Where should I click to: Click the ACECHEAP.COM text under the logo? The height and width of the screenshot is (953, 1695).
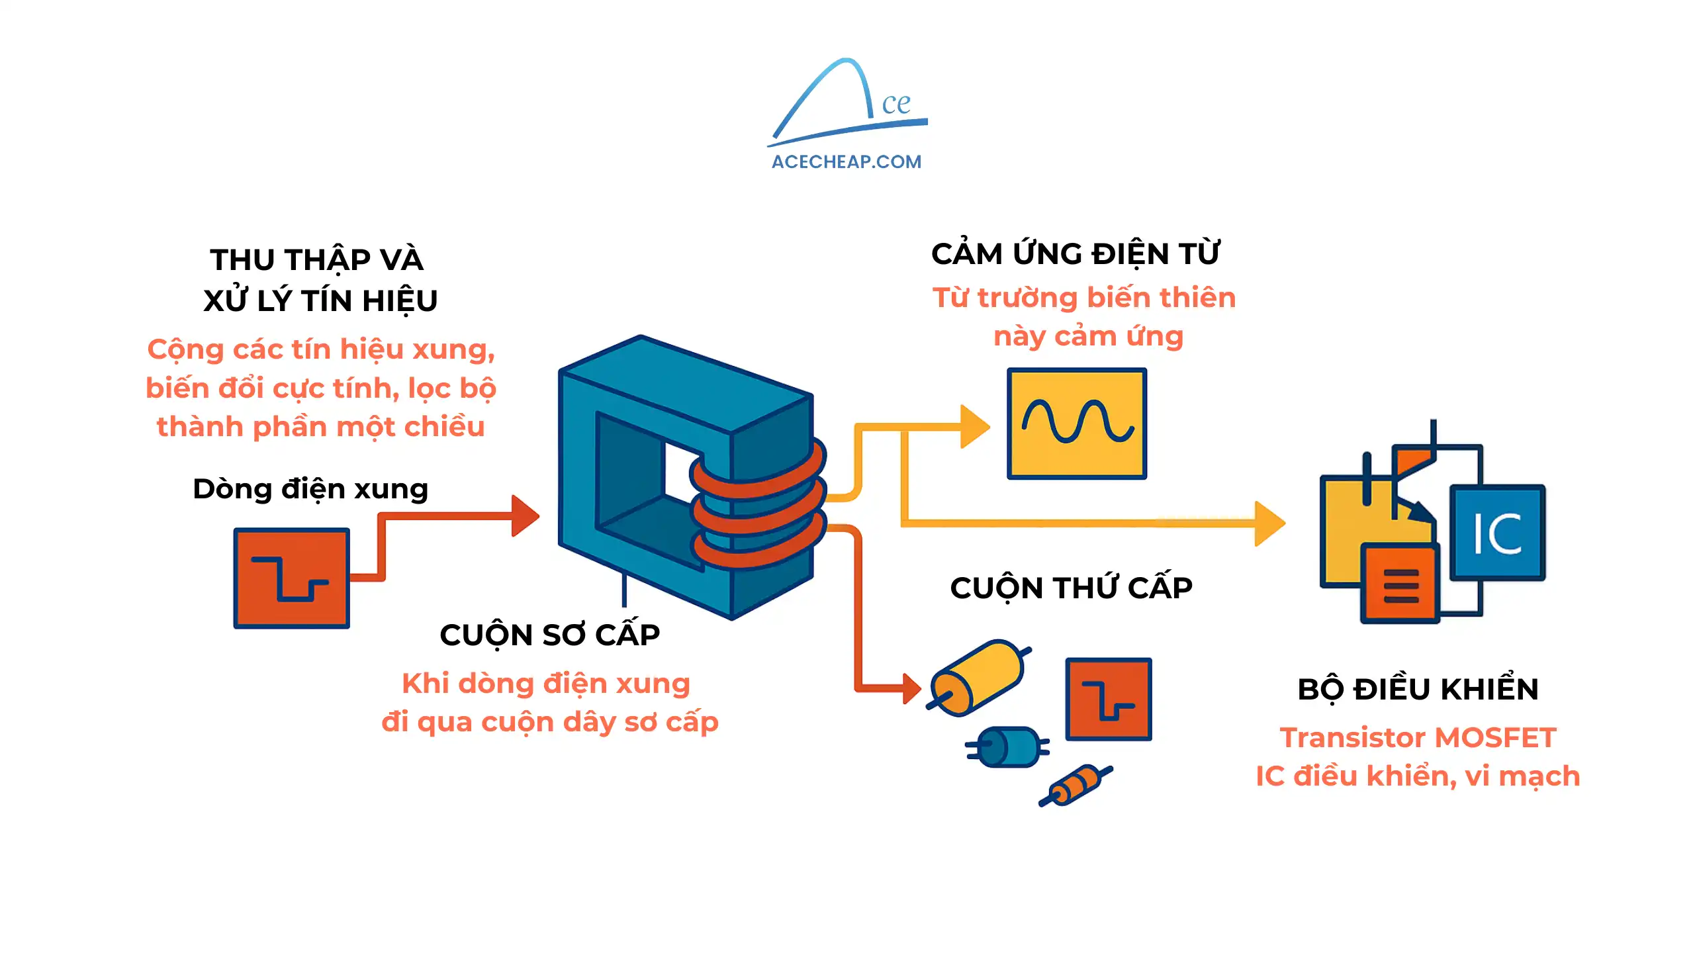(x=846, y=161)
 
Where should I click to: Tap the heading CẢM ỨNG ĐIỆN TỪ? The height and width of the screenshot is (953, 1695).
(x=1075, y=254)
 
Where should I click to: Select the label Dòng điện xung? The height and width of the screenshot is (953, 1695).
(x=310, y=489)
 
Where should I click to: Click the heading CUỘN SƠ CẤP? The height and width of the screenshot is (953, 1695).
(x=549, y=635)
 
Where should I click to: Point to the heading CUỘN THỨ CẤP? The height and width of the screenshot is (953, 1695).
(x=1071, y=588)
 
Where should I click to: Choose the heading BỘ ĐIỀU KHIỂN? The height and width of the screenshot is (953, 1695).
(x=1418, y=689)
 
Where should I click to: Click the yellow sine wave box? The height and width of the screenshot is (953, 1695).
(x=1077, y=424)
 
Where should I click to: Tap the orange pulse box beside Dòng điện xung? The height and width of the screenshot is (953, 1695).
(x=291, y=578)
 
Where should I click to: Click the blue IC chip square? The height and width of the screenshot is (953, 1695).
(x=1497, y=533)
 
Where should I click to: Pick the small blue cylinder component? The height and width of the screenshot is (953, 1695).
(x=1007, y=747)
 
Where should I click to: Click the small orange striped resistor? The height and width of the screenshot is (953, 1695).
(x=1076, y=786)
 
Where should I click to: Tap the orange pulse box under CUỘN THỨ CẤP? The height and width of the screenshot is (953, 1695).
(x=1108, y=699)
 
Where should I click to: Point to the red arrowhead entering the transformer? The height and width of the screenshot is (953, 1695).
(x=526, y=516)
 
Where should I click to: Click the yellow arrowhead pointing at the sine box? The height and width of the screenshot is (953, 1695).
(x=975, y=427)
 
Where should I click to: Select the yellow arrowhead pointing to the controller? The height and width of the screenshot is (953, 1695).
(x=1269, y=523)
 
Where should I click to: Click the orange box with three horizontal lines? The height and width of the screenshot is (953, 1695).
(x=1400, y=584)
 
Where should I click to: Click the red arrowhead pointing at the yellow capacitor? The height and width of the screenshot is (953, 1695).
(x=912, y=688)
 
